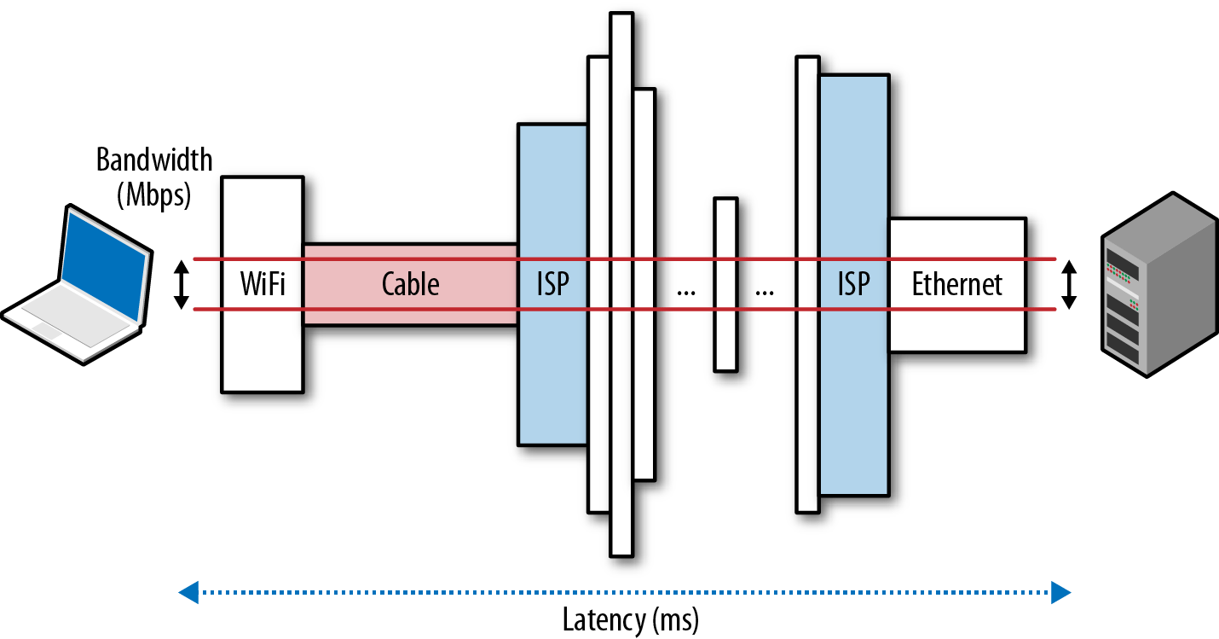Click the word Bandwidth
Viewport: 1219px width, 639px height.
click(154, 160)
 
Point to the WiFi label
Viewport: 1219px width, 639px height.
click(263, 284)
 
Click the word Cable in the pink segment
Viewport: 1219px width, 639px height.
click(410, 284)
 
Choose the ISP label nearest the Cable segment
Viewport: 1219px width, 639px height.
click(552, 284)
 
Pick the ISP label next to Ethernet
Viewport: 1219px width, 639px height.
click(853, 284)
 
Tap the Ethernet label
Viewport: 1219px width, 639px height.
click(957, 284)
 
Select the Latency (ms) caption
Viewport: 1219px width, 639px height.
click(630, 619)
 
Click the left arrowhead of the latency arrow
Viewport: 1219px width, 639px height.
click(188, 591)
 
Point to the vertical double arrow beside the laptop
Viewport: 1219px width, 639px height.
click(180, 284)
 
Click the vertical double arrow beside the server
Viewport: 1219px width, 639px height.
click(1069, 284)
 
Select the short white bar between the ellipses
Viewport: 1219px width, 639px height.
click(725, 284)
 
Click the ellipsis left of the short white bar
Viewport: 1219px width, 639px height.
click(685, 290)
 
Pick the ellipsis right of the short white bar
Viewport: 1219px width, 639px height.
click(765, 290)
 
